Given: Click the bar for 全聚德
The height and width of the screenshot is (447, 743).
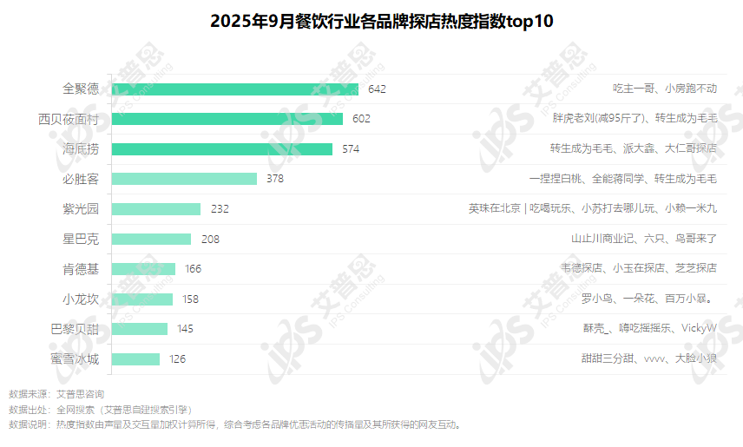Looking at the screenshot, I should tap(235, 89).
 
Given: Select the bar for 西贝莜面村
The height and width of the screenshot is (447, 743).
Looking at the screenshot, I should tap(227, 119).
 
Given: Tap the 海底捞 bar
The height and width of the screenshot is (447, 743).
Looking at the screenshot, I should tap(222, 148).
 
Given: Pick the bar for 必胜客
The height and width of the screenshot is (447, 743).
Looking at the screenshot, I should tap(185, 179).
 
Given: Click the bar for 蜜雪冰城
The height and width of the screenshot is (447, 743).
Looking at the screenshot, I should tap(136, 358).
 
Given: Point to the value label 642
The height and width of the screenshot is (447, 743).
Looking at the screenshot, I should tap(377, 89).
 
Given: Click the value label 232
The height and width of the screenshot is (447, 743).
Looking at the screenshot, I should tap(219, 209).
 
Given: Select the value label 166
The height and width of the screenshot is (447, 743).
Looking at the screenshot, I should tap(193, 269).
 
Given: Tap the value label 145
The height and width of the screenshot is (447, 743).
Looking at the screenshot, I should tap(185, 329).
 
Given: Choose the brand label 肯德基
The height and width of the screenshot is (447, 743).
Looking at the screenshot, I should tap(81, 269).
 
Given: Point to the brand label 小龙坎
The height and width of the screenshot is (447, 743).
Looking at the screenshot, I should tap(81, 299).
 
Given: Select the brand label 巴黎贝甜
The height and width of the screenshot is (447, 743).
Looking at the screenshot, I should tap(75, 329).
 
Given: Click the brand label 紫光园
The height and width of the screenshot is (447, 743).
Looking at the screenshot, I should tap(81, 209).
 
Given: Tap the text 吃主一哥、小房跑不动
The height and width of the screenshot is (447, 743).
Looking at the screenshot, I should tap(664, 89).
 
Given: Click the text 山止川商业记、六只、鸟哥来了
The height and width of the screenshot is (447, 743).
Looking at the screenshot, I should tap(643, 239).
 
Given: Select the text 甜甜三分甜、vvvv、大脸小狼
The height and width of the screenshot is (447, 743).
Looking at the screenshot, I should tap(648, 358).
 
